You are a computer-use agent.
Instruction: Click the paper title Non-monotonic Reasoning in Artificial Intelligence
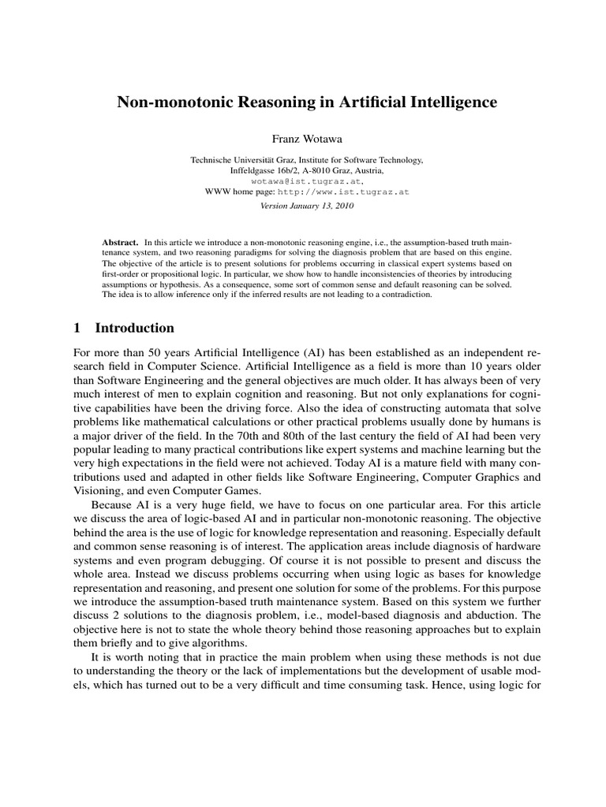(308, 102)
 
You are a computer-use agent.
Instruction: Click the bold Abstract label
(120, 240)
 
